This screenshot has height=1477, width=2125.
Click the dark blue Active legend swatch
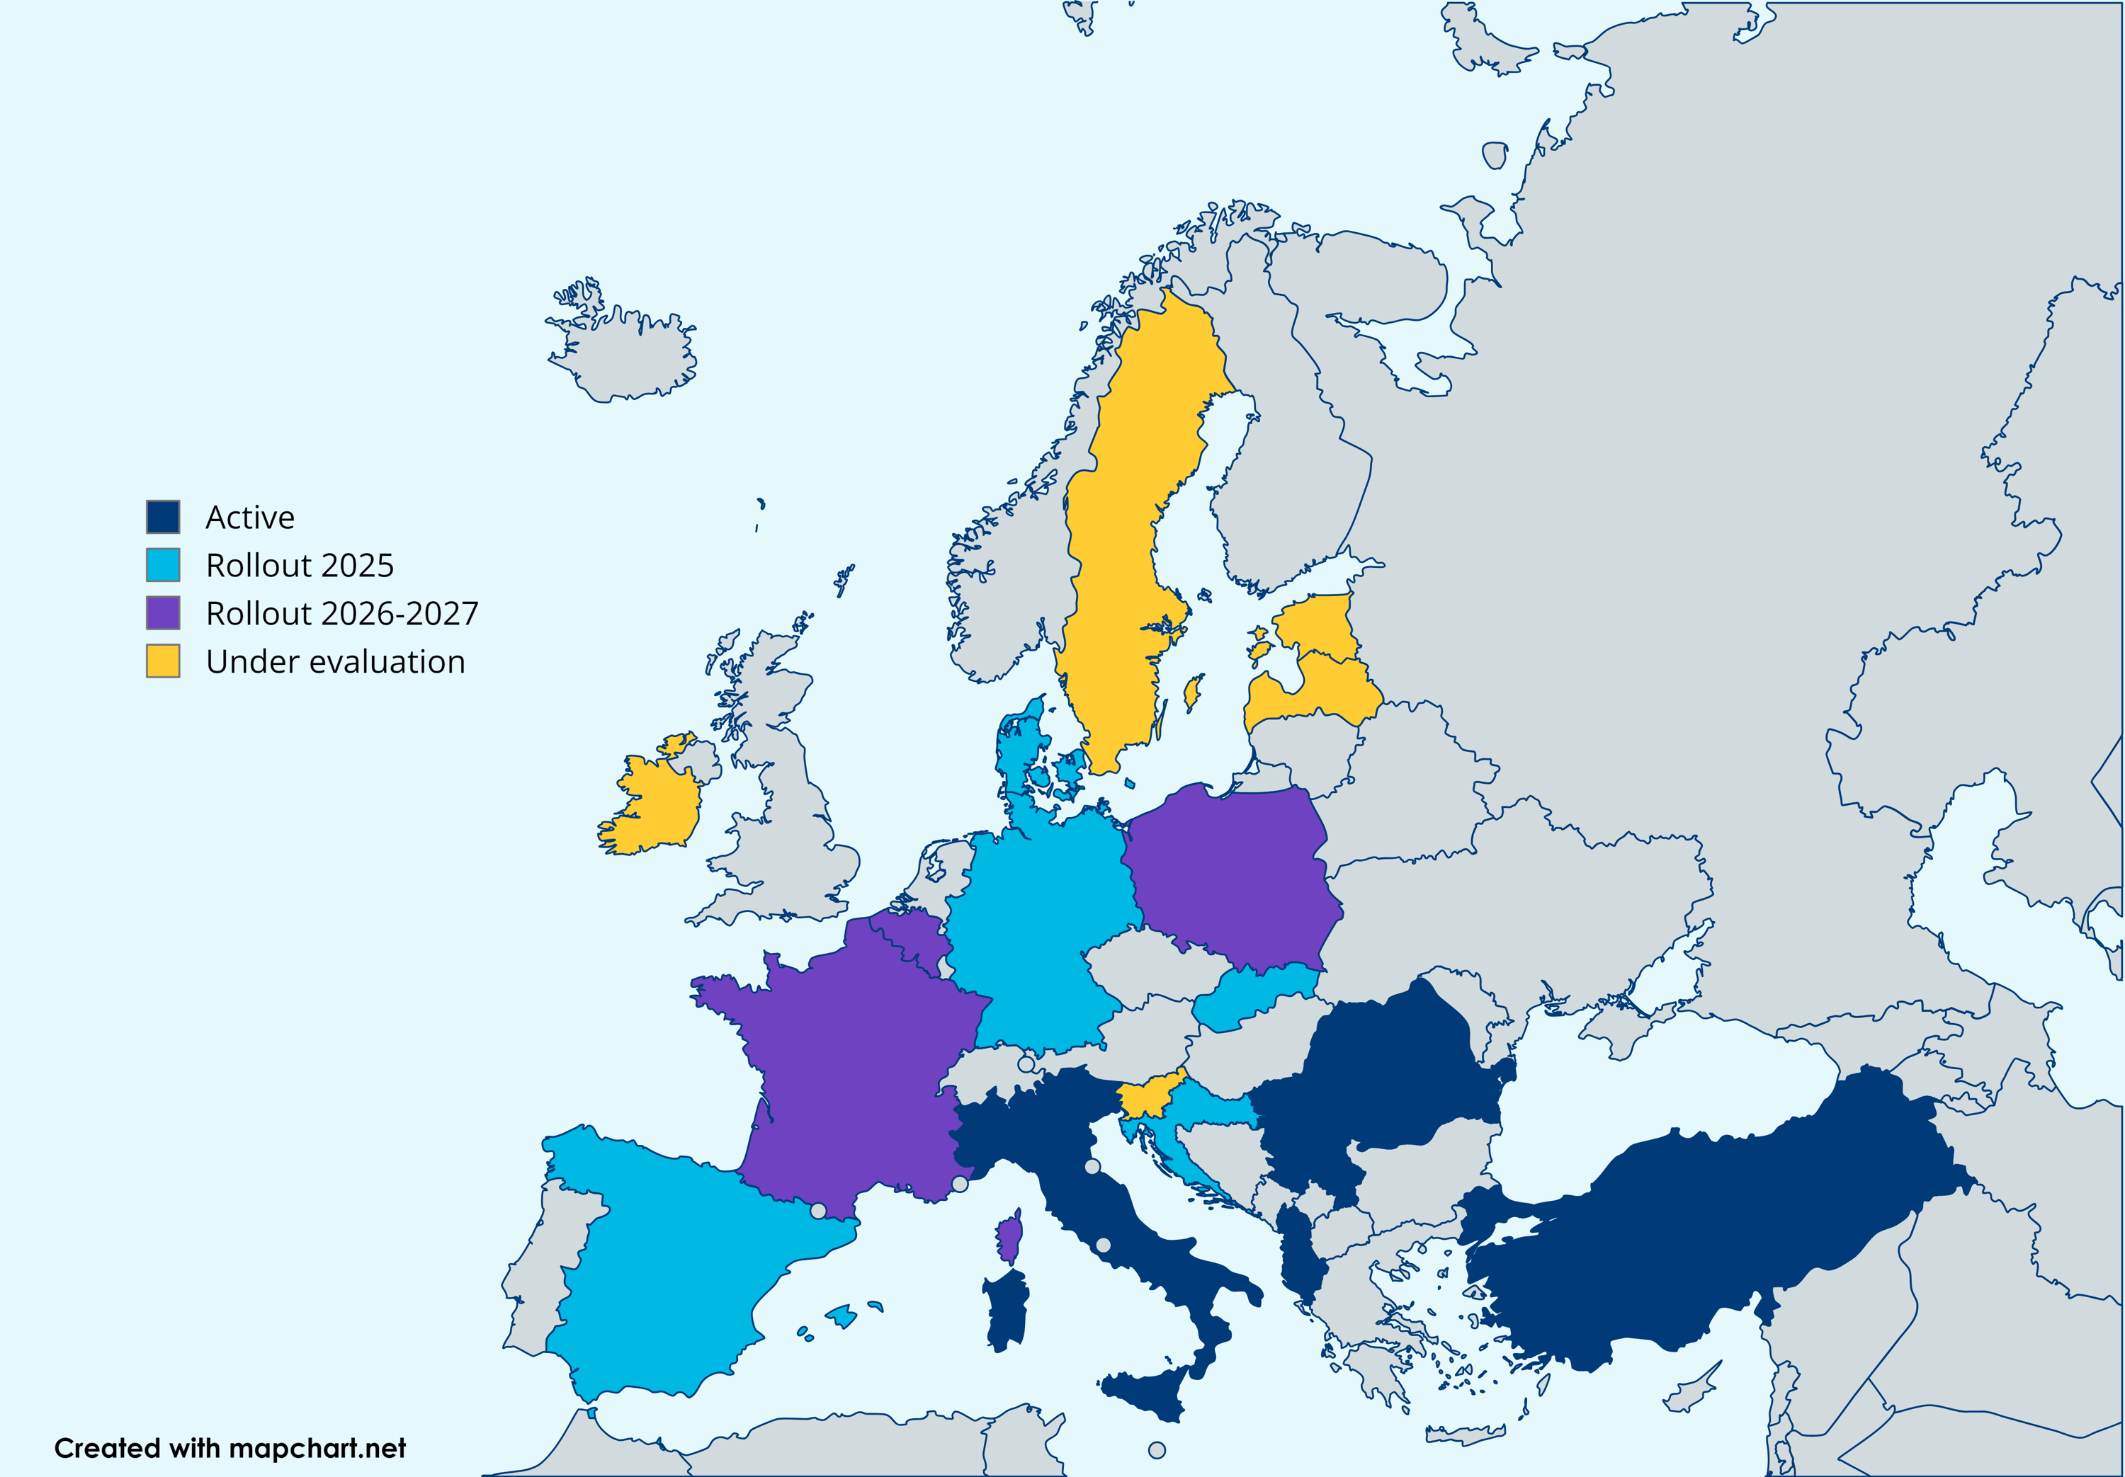(163, 516)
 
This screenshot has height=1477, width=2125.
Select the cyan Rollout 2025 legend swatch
(163, 564)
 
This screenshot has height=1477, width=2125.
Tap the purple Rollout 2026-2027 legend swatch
(163, 612)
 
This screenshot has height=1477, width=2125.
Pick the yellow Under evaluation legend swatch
(163, 661)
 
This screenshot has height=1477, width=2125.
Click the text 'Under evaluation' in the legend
(335, 662)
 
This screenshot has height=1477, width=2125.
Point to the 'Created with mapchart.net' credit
(229, 1448)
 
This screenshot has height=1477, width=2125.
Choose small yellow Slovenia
(1147, 1097)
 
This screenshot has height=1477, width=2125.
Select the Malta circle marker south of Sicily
(1157, 1450)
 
